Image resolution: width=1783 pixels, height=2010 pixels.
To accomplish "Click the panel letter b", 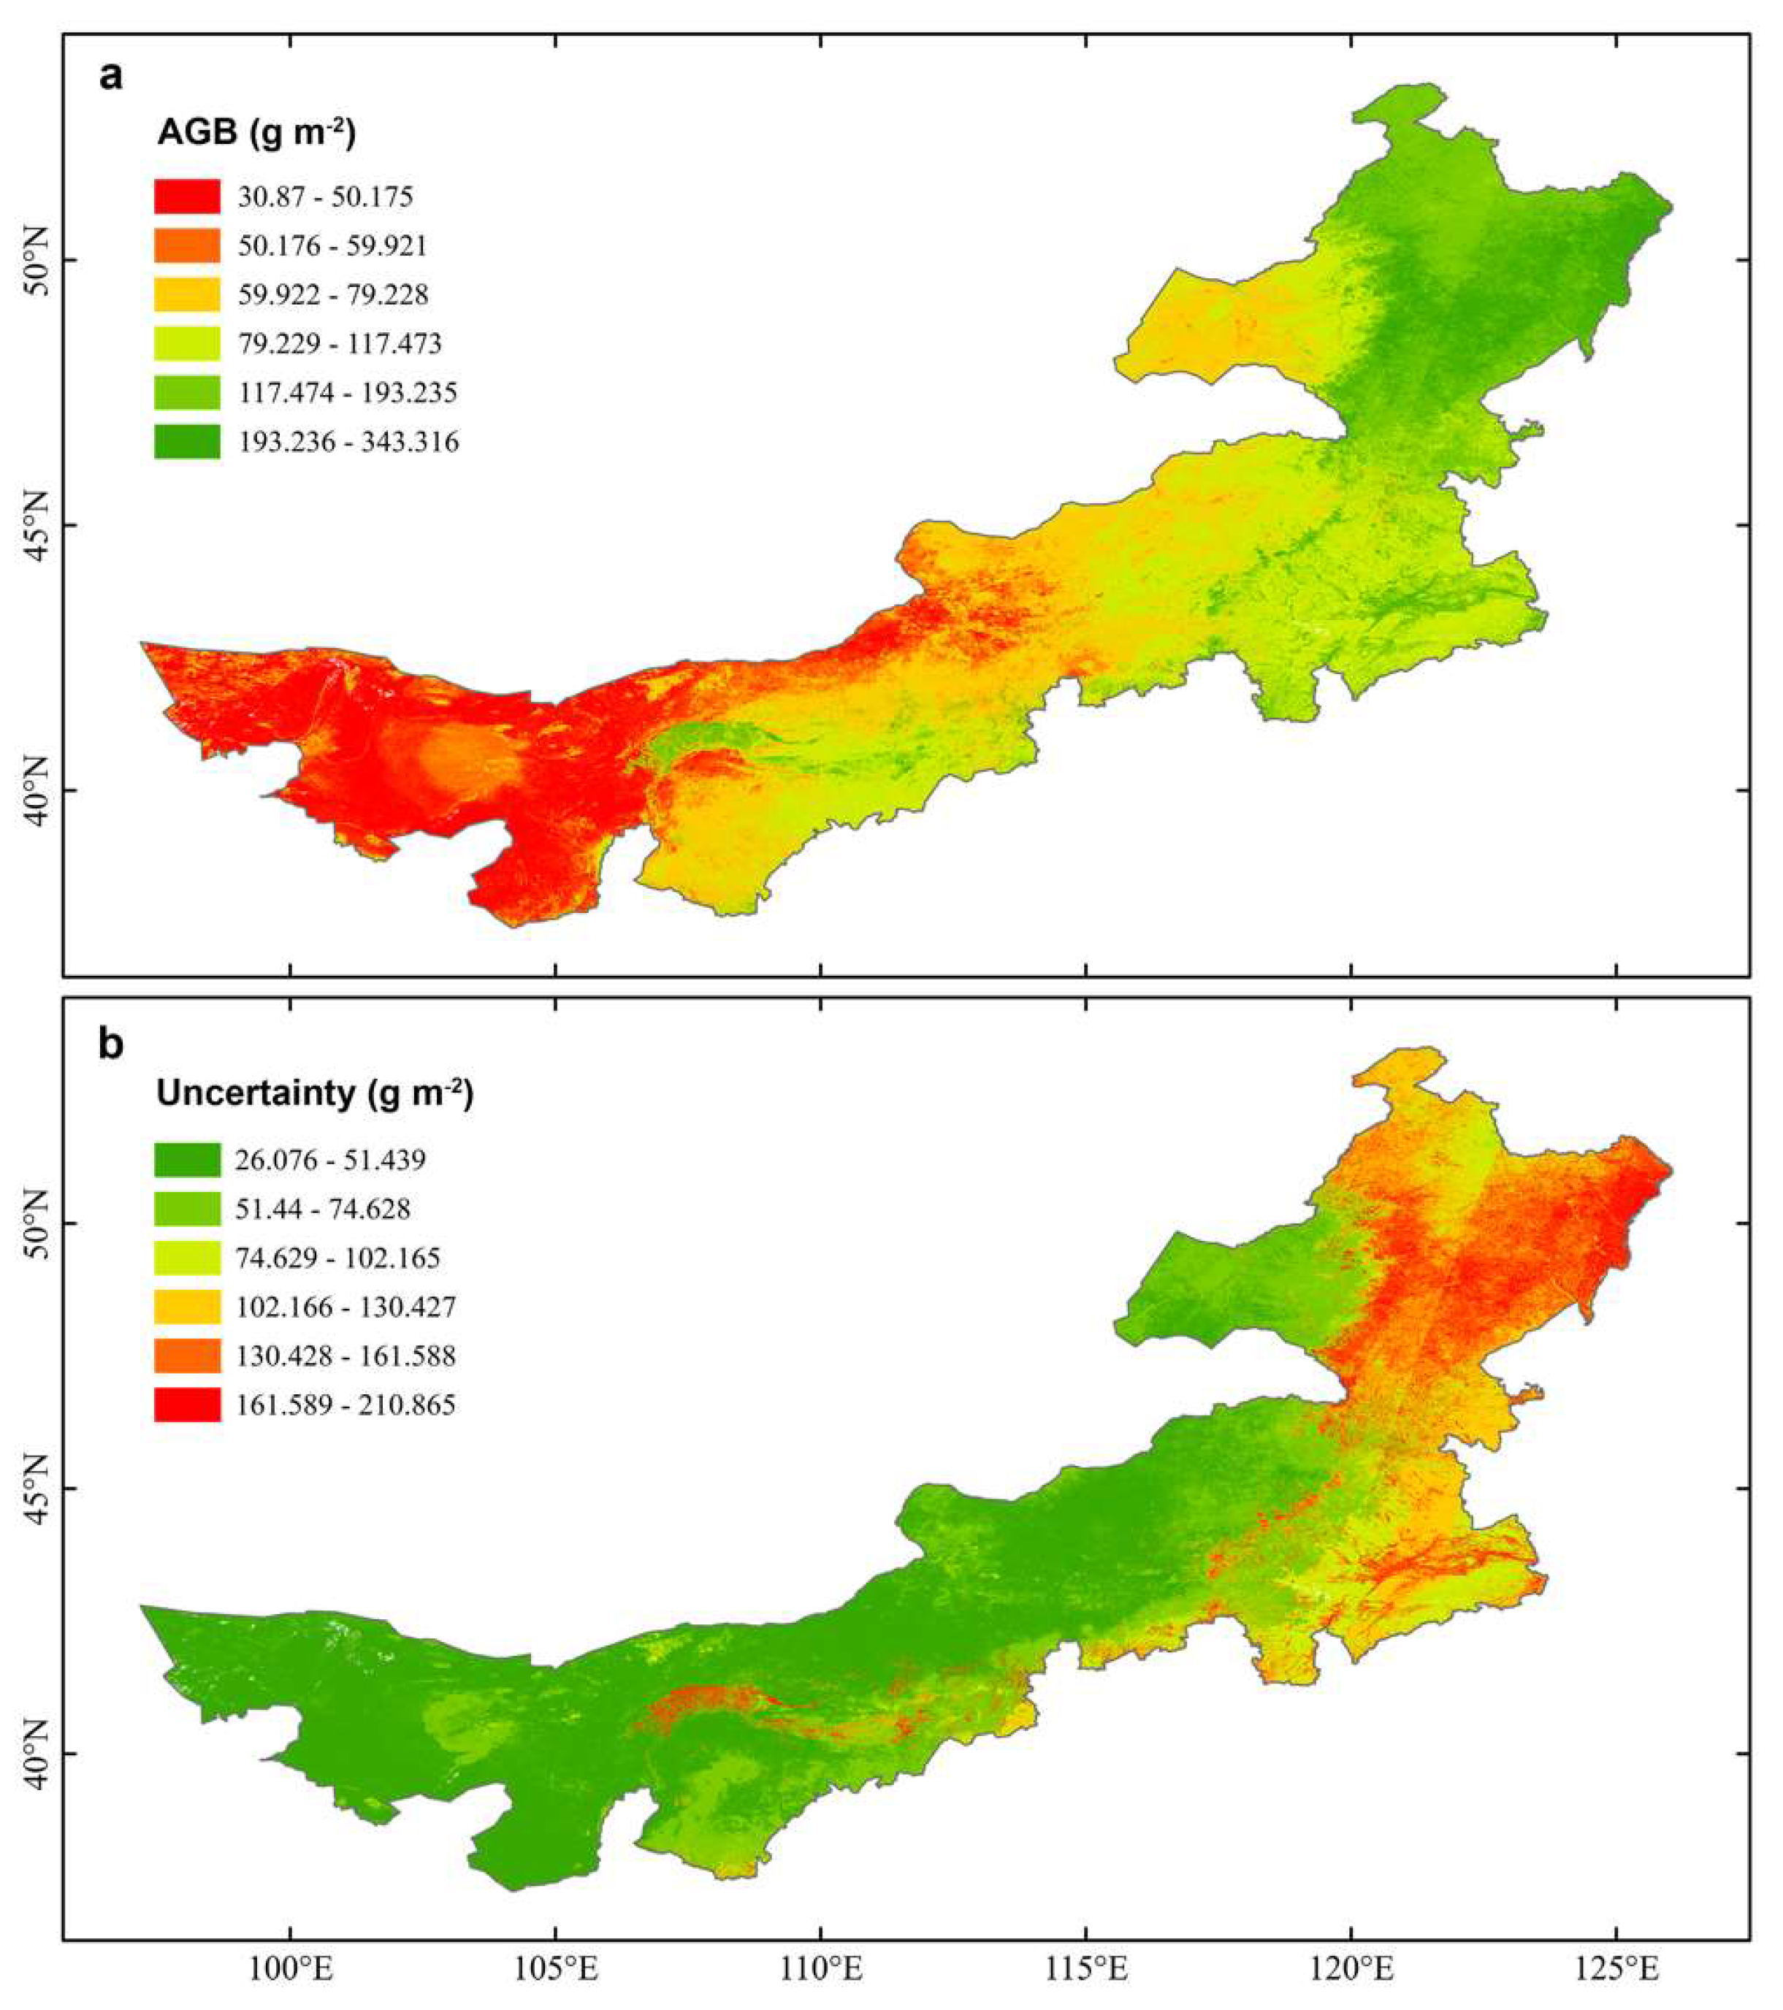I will [x=111, y=1044].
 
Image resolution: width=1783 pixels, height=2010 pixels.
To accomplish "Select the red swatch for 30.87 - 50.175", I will [x=187, y=196].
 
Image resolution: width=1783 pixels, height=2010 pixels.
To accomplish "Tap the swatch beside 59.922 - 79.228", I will [x=187, y=294].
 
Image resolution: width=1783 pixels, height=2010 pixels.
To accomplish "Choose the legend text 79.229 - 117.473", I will [x=340, y=343].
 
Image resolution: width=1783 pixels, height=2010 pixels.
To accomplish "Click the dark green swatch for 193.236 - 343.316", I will [x=187, y=442].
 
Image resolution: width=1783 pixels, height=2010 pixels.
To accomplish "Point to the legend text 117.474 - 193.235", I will [x=347, y=392].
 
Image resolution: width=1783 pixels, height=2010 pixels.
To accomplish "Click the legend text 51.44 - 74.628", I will [x=323, y=1209].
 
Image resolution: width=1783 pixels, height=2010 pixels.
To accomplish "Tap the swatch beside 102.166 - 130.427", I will [x=187, y=1307].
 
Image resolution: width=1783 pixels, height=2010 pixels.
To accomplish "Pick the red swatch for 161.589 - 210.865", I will [x=187, y=1405].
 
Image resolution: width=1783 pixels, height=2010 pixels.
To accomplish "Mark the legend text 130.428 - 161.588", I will [x=345, y=1356].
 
